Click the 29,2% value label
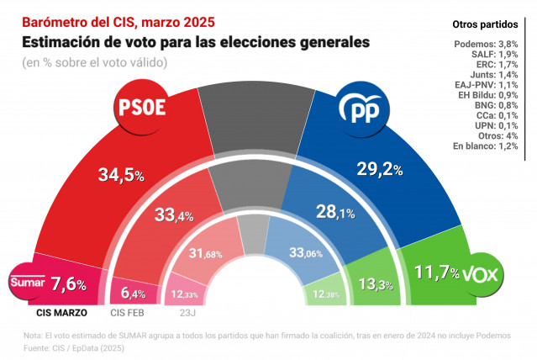coord(379,168)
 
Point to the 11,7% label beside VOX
coord(436,273)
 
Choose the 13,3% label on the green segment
coord(365,283)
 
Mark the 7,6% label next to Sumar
coord(69,284)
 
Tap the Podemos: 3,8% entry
coord(485,44)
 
